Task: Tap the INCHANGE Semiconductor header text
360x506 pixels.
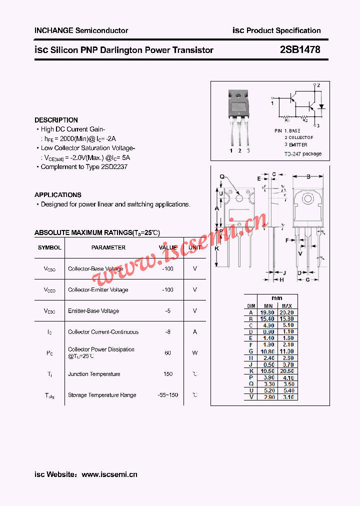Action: pos(81,30)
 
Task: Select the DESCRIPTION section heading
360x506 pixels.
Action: pos(56,120)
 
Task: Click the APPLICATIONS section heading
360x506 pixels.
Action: pos(58,195)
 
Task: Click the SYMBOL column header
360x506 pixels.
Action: pos(49,247)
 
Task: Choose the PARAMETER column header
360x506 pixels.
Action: pos(108,247)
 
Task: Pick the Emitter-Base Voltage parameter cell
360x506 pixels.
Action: pos(93,311)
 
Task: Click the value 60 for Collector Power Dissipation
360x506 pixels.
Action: pos(167,353)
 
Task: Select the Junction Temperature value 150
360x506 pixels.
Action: pos(167,374)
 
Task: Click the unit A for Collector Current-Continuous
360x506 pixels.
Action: pos(195,332)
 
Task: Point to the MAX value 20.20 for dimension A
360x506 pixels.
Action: pos(287,312)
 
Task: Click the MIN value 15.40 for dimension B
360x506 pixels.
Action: pos(268,319)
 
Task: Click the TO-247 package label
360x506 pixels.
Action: pos(303,154)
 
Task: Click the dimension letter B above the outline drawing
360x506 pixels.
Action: pos(308,176)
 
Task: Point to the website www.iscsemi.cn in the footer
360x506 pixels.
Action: pos(109,474)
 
